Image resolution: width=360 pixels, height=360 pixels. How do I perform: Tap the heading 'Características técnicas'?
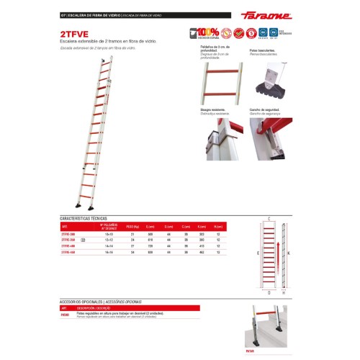84,217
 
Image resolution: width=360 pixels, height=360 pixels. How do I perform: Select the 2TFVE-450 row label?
69,253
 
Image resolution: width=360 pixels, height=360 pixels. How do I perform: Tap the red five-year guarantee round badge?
251,33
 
